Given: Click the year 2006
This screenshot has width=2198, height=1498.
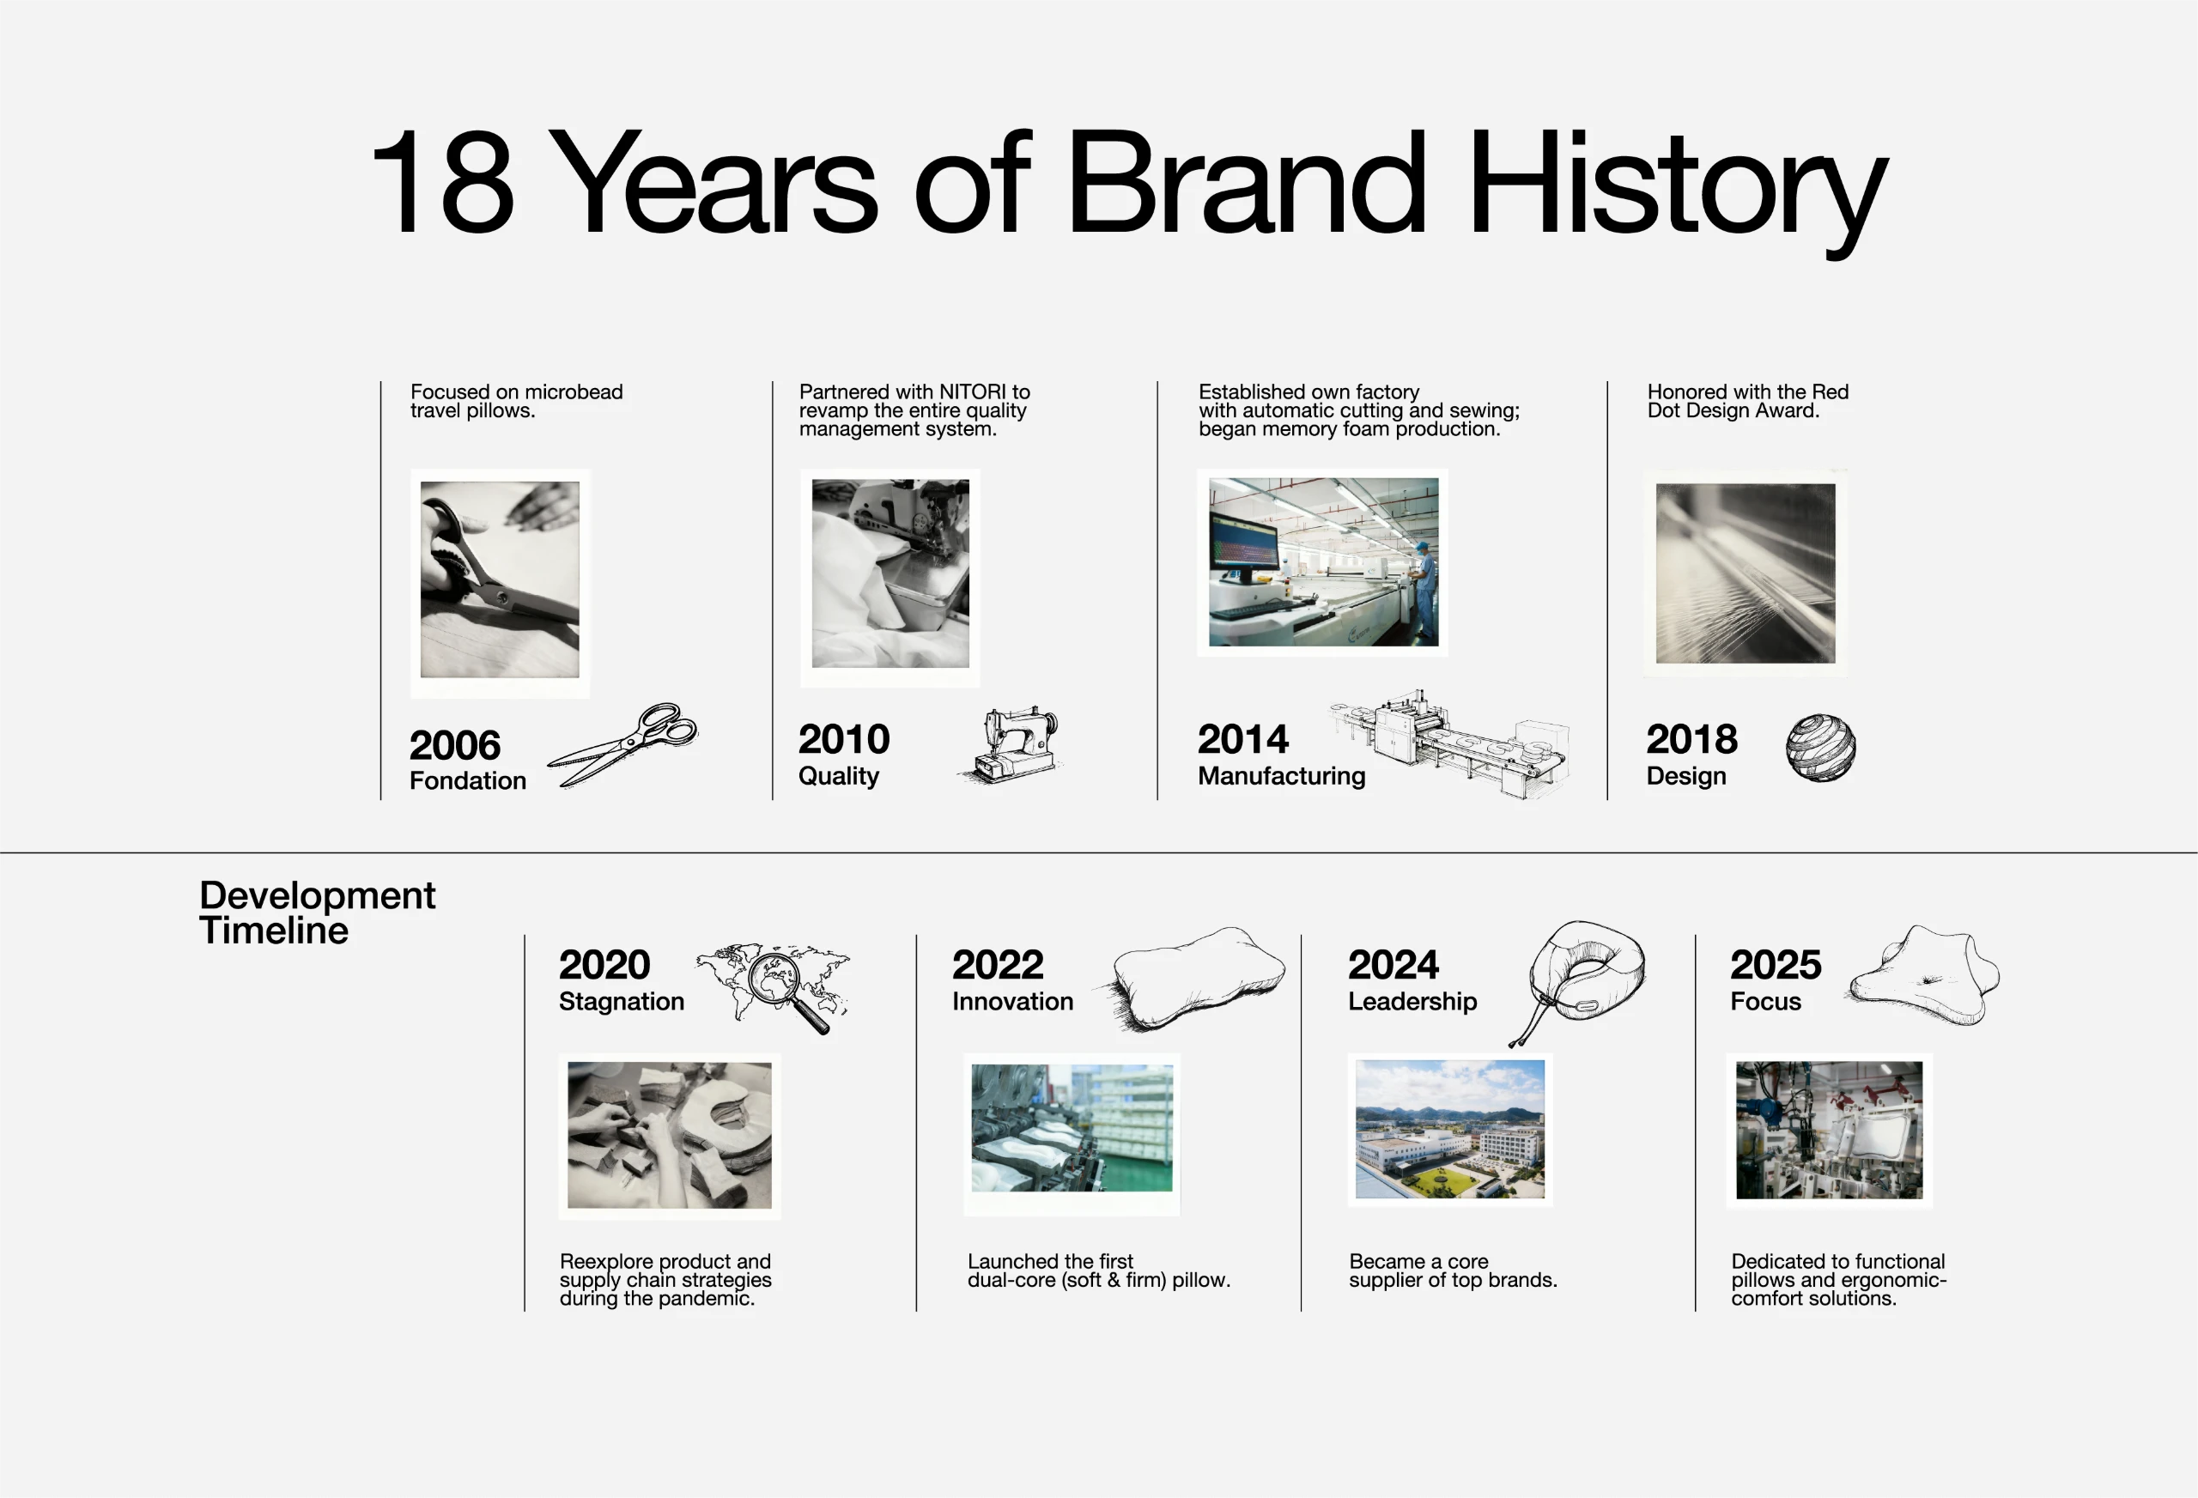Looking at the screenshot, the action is [455, 745].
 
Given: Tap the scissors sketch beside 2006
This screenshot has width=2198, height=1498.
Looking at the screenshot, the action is [622, 744].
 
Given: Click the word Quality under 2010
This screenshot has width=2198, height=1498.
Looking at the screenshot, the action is [838, 776].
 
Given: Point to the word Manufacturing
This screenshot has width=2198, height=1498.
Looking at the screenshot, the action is [1282, 775].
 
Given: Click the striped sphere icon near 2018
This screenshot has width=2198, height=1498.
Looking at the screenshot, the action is [1820, 747].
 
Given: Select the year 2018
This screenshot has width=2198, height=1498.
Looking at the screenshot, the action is [1691, 738].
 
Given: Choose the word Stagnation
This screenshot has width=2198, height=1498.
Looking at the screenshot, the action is [622, 1002].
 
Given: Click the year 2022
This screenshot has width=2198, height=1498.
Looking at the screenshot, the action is [998, 965].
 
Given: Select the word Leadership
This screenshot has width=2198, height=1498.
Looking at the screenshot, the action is [1412, 1002].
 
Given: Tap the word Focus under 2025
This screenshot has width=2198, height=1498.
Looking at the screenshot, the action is [1766, 1002].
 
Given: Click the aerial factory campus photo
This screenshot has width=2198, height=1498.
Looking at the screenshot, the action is [1450, 1129].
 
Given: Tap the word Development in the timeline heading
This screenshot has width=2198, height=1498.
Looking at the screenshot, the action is [318, 895].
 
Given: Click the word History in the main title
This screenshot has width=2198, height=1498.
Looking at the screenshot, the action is [1677, 184].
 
